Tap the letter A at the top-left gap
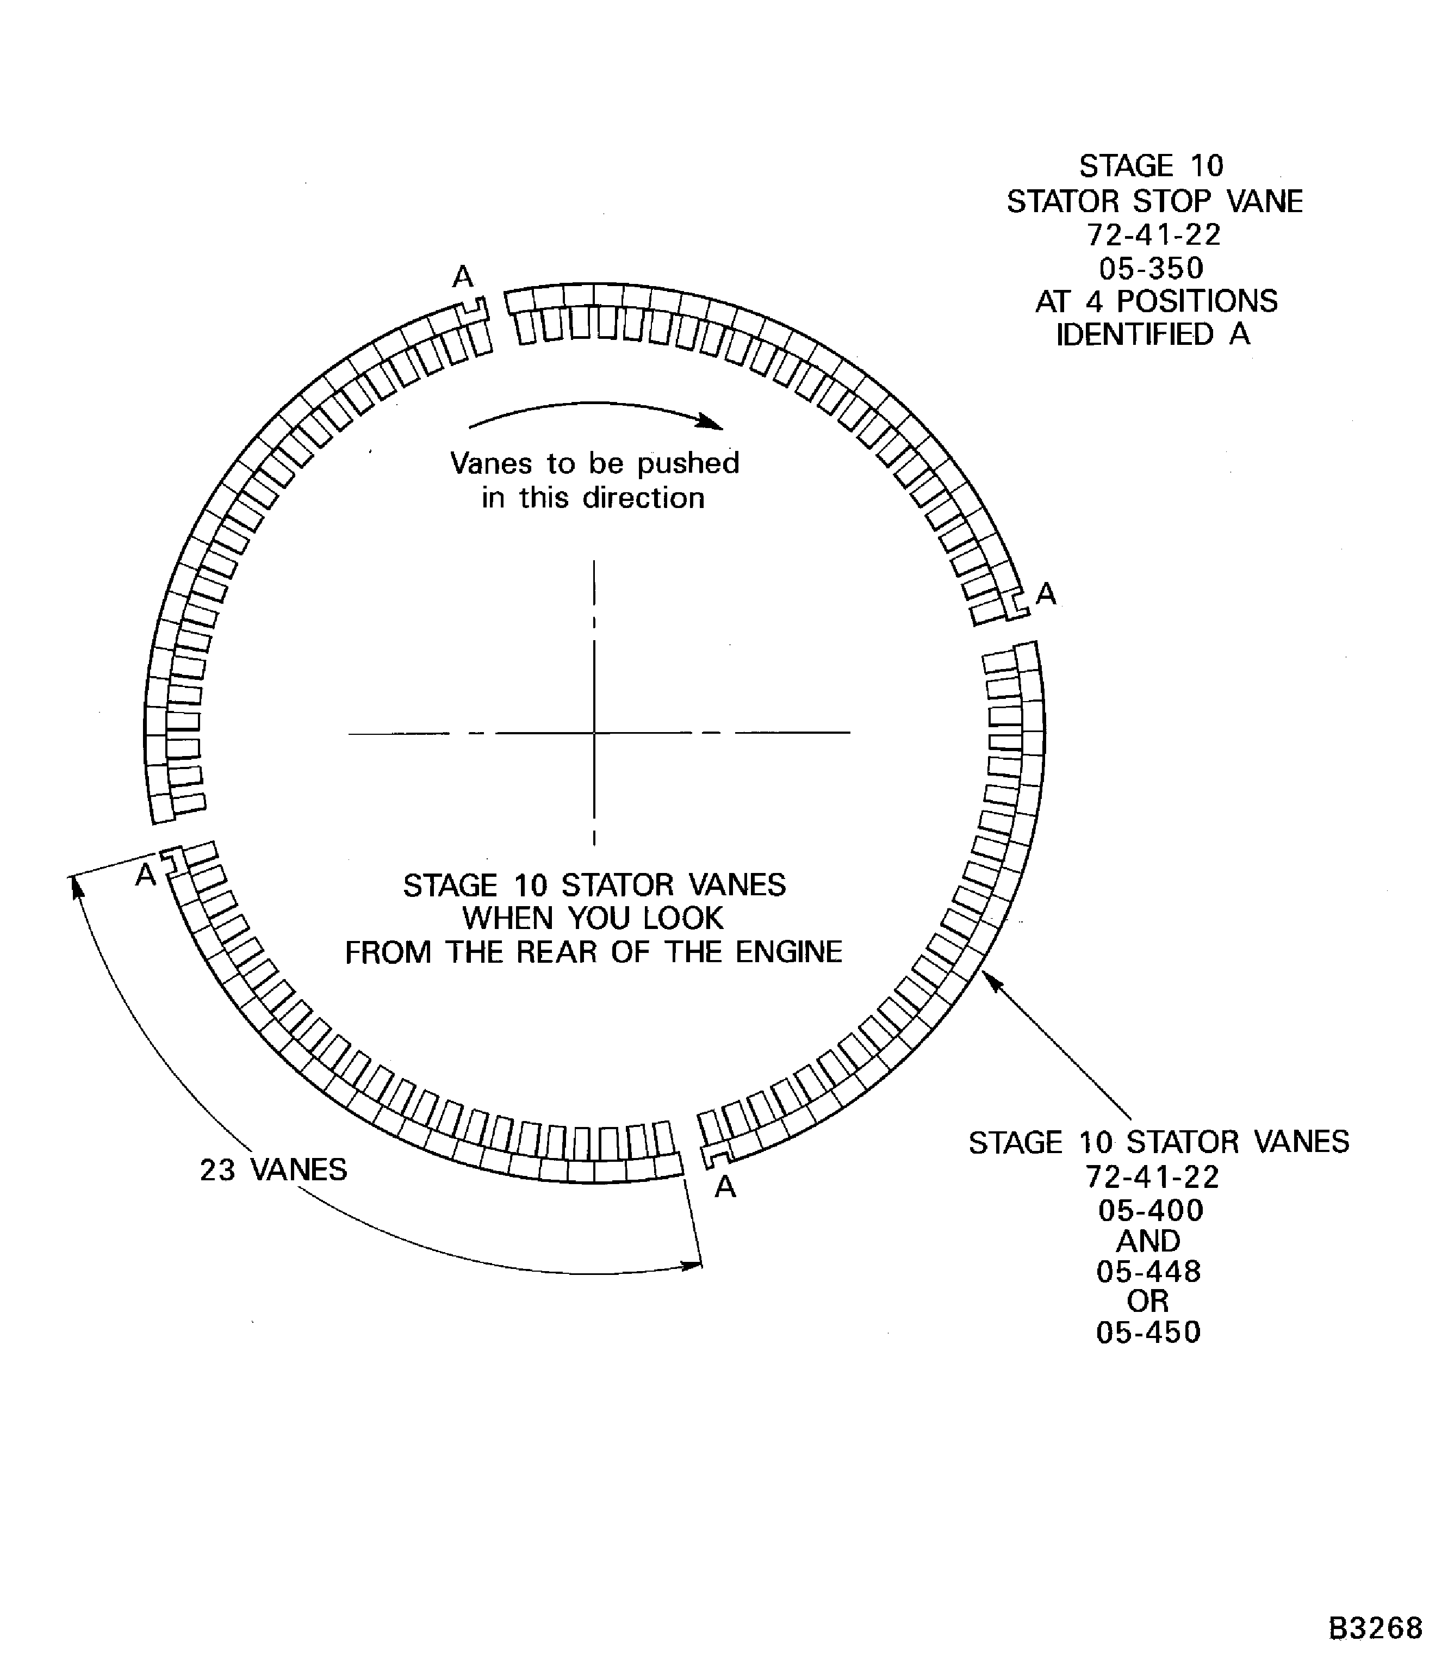click(462, 277)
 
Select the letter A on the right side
click(1046, 594)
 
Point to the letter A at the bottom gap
click(725, 1187)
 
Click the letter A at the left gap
click(145, 875)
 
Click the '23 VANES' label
click(273, 1169)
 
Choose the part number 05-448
click(1148, 1272)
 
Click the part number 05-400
click(1151, 1210)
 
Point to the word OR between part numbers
click(1148, 1302)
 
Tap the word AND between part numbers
click(1148, 1241)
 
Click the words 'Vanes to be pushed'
click(595, 463)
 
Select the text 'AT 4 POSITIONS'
click(1157, 301)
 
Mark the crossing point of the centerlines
click(595, 733)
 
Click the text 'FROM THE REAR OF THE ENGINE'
click(594, 952)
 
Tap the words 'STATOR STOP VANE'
click(1155, 201)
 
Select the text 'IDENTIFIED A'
click(1153, 334)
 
